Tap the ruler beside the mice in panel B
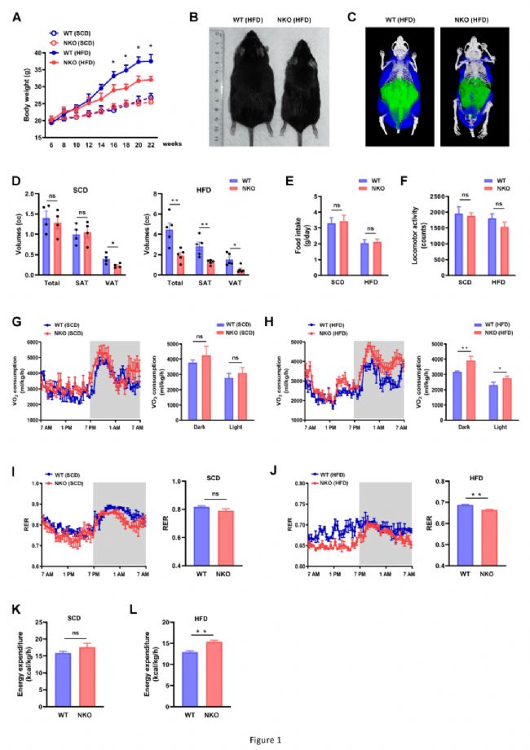pyautogui.click(x=216, y=86)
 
